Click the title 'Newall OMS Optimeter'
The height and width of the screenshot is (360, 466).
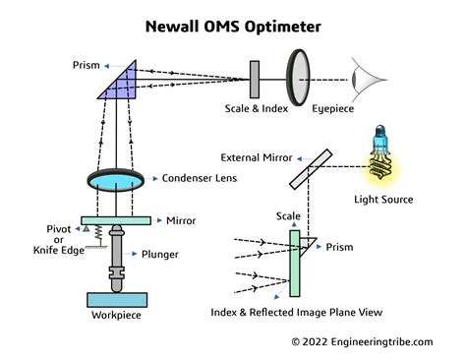pos(233,21)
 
